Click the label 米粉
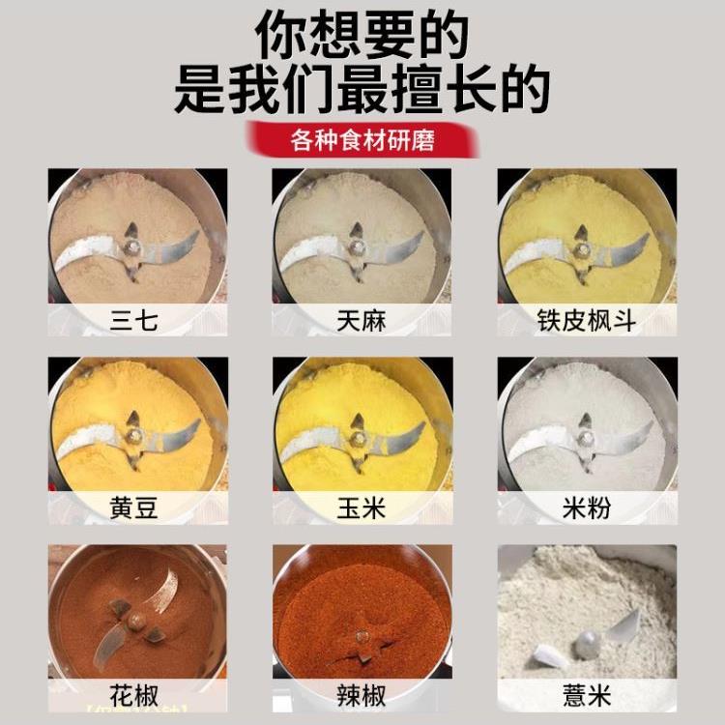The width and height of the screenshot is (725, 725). coord(587,507)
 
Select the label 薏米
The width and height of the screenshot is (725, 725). coord(587,694)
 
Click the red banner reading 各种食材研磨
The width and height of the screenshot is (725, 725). coord(362,141)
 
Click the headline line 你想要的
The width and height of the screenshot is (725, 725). coord(362,39)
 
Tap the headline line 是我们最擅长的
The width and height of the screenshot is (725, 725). coord(362,92)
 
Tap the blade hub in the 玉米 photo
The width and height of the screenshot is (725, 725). coord(357,437)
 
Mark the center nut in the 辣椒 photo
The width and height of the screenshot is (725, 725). coord(362,636)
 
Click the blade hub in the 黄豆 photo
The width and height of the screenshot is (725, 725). coord(131,437)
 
